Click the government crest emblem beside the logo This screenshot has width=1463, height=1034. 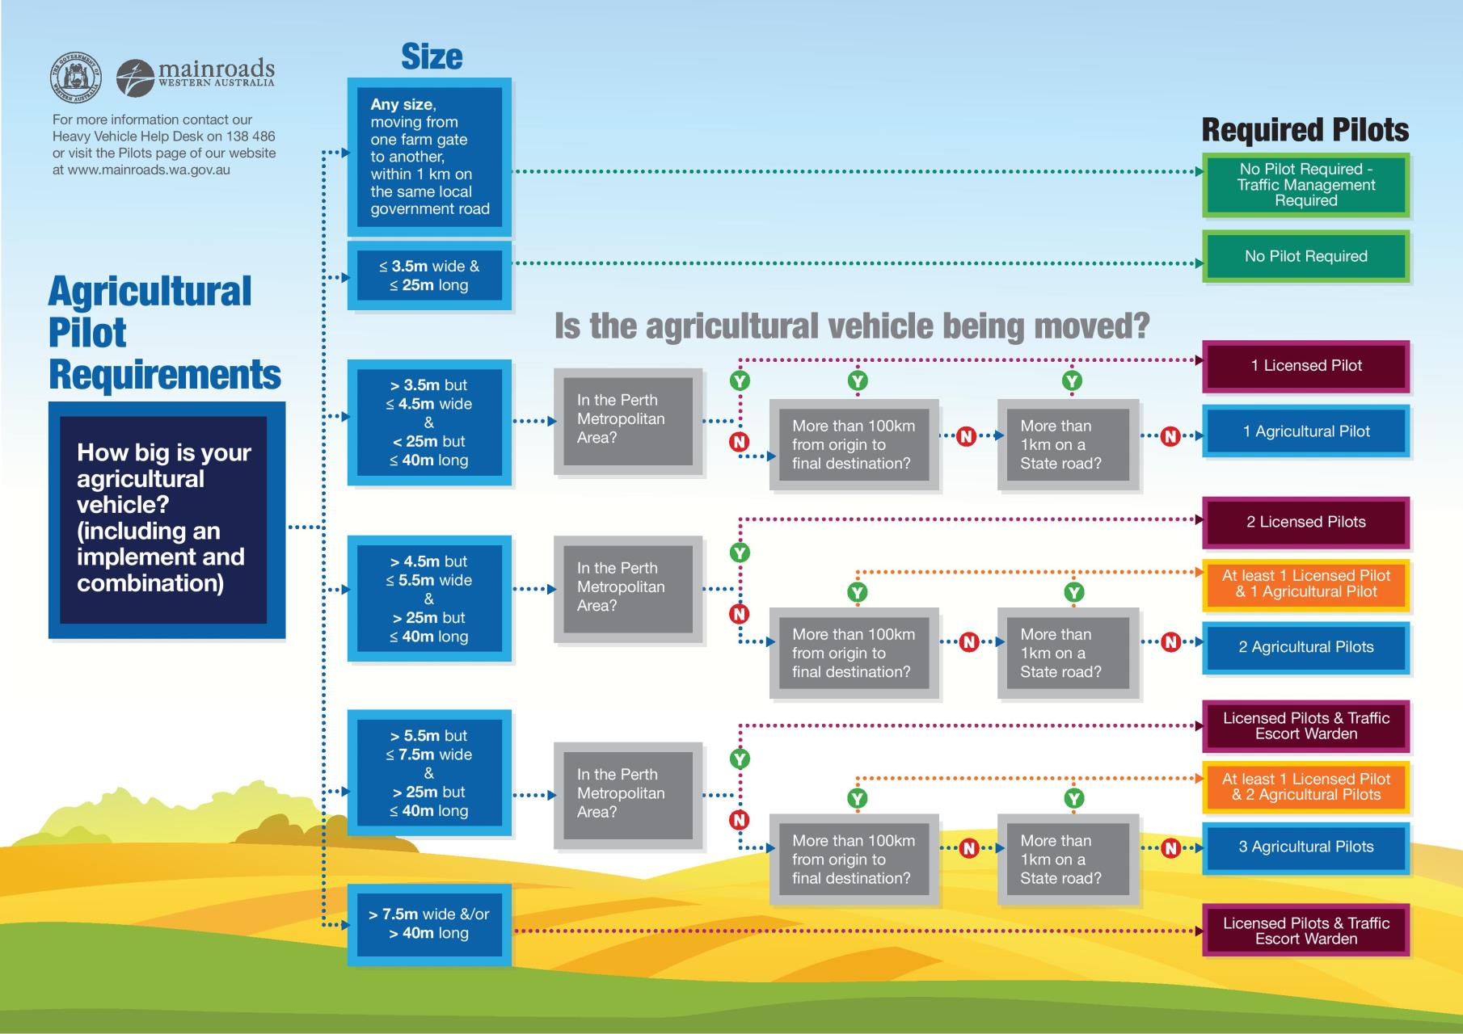(x=77, y=77)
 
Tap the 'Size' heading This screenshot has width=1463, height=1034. (x=432, y=57)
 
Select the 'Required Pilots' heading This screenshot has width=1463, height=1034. (x=1305, y=130)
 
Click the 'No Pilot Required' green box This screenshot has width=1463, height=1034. (x=1306, y=257)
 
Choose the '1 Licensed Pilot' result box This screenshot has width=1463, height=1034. (x=1306, y=366)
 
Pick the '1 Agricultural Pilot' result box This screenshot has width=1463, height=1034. (x=1306, y=431)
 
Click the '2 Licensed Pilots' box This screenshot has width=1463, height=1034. (x=1306, y=522)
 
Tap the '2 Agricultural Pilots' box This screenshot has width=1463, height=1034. (x=1306, y=647)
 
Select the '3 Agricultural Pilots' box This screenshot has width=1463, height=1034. (x=1306, y=847)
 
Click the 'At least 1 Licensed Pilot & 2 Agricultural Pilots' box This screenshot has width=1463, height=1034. (x=1306, y=787)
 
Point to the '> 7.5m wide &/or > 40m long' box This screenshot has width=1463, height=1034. (x=429, y=924)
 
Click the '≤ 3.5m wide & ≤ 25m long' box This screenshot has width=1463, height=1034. (x=429, y=275)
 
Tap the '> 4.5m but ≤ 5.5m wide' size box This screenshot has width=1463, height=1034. (x=429, y=599)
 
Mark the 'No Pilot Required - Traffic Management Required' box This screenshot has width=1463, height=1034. (x=1306, y=185)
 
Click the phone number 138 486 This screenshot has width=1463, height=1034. (x=251, y=137)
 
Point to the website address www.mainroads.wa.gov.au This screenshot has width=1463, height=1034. (x=150, y=170)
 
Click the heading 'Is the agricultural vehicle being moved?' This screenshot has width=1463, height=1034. (x=851, y=326)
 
